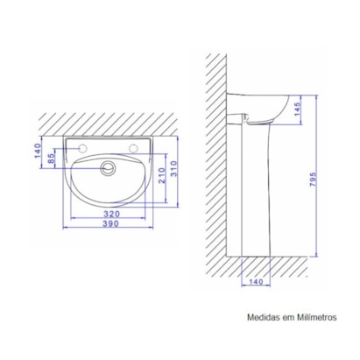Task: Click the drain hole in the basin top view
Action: (x=109, y=164)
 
